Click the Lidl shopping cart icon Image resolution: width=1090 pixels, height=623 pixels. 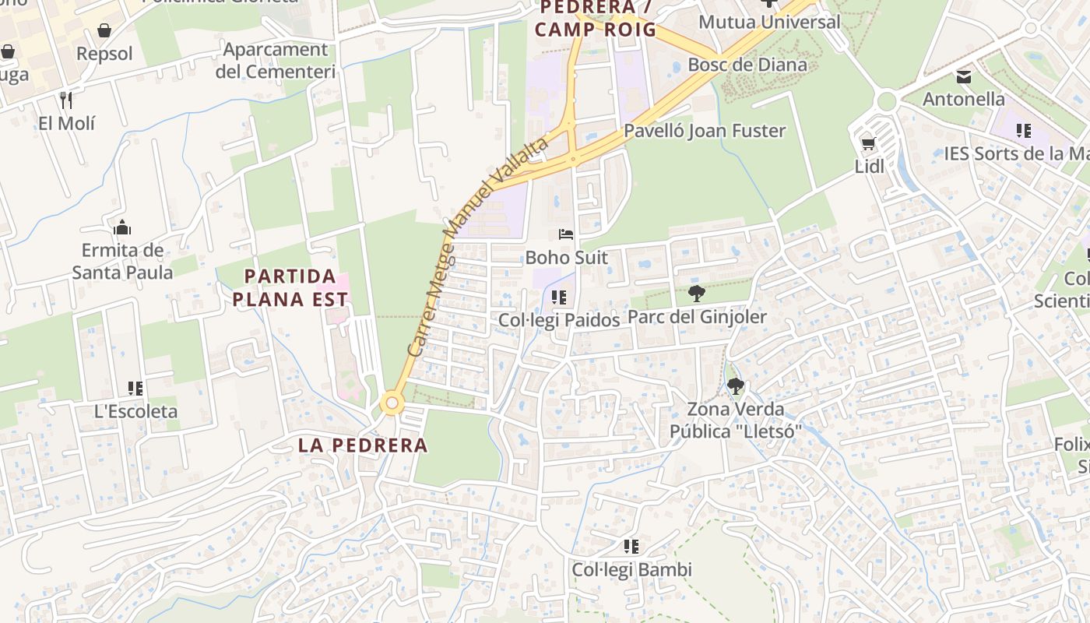tap(868, 143)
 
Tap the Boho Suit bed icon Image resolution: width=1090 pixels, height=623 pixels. tap(565, 234)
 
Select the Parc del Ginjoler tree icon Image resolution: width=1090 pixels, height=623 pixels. tap(697, 294)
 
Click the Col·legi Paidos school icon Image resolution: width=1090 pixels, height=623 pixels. tap(557, 297)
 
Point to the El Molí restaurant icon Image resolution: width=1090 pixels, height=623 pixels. tap(66, 100)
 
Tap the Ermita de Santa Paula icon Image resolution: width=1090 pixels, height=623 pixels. tap(121, 228)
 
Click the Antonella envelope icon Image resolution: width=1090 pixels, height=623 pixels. tap(964, 76)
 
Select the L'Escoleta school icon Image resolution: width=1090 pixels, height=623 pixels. tap(135, 388)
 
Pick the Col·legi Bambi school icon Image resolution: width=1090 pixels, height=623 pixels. tap(631, 547)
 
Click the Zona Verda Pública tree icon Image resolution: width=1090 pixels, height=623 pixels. tap(735, 385)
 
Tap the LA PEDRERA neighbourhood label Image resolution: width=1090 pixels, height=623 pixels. tap(363, 445)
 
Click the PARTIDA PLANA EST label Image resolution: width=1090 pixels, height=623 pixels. tap(290, 287)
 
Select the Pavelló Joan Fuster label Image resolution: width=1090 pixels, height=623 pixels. tap(705, 131)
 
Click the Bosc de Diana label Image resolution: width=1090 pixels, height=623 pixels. tap(747, 65)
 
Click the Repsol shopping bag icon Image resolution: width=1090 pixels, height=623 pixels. tap(104, 30)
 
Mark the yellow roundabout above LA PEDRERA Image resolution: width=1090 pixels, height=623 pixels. tap(392, 403)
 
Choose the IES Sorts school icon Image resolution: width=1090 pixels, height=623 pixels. tap(1023, 131)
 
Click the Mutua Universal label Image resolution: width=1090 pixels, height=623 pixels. tap(769, 22)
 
